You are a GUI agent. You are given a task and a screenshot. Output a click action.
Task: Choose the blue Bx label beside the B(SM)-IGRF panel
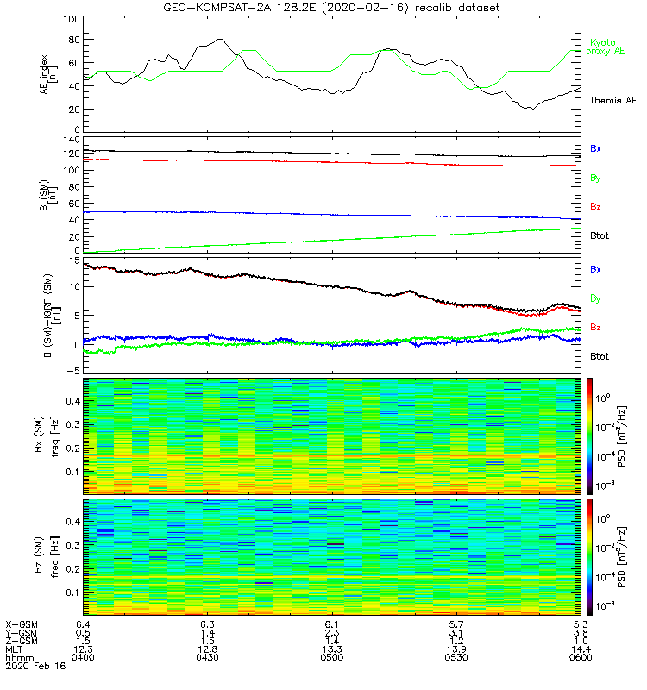click(595, 269)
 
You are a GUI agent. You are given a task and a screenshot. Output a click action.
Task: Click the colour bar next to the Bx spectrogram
click(589, 435)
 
